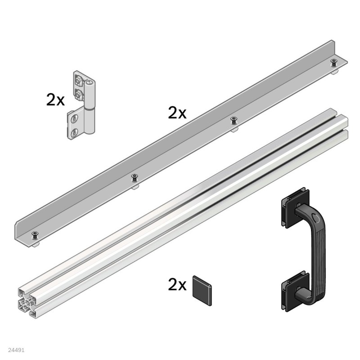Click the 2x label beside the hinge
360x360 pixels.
[x=55, y=100]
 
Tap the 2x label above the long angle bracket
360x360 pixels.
[x=177, y=113]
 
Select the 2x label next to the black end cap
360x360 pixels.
[x=177, y=284]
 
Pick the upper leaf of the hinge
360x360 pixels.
[x=81, y=87]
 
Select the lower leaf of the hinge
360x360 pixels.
[x=75, y=125]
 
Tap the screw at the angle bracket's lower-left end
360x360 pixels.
[x=35, y=234]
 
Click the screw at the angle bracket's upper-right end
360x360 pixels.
[x=333, y=62]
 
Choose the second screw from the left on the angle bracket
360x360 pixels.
[x=134, y=177]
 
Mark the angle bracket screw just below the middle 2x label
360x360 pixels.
[x=234, y=120]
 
